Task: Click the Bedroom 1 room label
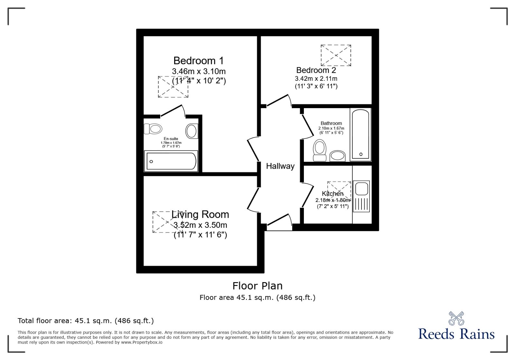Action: click(198, 60)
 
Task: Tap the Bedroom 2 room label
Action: click(316, 70)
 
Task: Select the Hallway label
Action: click(280, 166)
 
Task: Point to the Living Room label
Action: click(200, 214)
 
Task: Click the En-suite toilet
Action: click(153, 129)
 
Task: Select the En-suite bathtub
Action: click(171, 161)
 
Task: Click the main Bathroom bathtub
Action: click(360, 134)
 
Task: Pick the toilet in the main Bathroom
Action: click(320, 150)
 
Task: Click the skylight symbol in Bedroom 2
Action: click(336, 55)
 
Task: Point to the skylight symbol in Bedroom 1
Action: click(173, 87)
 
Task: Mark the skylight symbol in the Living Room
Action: click(167, 222)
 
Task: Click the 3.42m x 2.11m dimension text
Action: click(316, 78)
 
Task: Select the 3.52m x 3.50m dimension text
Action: click(200, 225)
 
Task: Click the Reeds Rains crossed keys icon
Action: click(456, 318)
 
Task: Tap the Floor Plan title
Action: click(257, 286)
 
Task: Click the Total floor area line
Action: click(86, 321)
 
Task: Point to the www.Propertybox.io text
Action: click(142, 342)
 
